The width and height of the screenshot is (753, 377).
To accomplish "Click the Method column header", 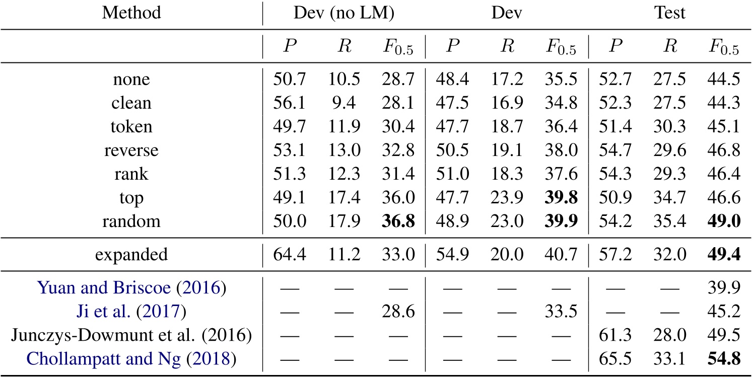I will [x=131, y=13].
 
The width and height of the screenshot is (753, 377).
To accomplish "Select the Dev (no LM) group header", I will [x=344, y=13].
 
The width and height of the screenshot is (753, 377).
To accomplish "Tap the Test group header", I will [x=669, y=13].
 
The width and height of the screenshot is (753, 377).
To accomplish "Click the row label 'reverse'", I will [x=131, y=150].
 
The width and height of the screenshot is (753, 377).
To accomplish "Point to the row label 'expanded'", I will [x=131, y=254].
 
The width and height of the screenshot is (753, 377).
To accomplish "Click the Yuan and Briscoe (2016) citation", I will [x=131, y=288].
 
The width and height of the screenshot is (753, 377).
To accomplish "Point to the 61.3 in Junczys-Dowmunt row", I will [x=612, y=336].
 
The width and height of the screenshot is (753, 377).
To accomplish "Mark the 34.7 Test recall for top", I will [x=669, y=198].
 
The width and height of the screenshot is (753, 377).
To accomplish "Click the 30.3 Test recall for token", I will [x=669, y=127].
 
